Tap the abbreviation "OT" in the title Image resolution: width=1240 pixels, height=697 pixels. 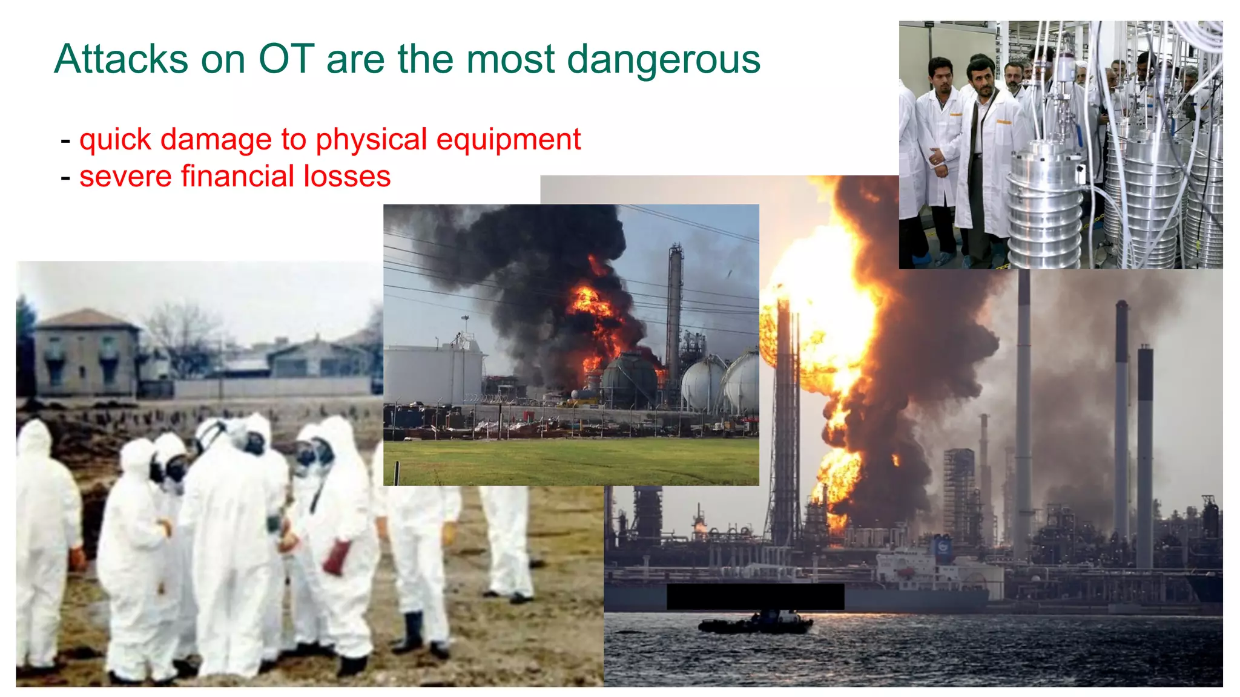point(286,59)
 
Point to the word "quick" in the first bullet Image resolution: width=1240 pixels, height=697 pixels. point(115,140)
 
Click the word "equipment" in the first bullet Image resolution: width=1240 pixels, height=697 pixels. point(509,140)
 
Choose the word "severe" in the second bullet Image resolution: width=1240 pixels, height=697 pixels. point(125,177)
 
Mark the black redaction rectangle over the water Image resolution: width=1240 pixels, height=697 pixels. point(755,597)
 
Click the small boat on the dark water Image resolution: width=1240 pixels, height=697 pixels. point(756,623)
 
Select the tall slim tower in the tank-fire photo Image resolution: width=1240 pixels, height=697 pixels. point(674,315)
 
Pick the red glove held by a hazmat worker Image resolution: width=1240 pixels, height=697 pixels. point(337,557)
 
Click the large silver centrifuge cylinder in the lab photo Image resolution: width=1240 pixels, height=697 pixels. point(1044,206)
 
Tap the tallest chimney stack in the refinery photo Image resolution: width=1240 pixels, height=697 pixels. point(1023,411)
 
